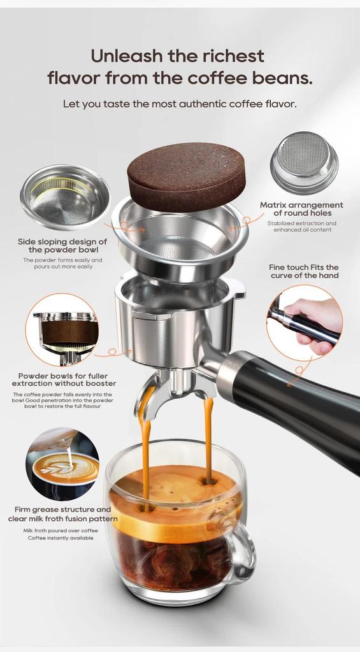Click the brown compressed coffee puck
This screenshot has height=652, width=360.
(186, 176)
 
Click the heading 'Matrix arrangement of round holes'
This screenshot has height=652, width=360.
(301, 209)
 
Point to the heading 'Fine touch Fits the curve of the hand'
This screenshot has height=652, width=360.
(304, 271)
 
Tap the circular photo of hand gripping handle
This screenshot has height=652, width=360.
(304, 322)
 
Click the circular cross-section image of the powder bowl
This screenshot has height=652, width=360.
(62, 329)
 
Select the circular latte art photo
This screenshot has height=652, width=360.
(62, 463)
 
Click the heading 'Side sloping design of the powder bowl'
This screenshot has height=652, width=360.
(62, 246)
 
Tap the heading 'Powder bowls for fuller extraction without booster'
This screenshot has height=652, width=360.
(64, 380)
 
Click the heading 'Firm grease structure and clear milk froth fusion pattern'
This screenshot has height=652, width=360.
(62, 514)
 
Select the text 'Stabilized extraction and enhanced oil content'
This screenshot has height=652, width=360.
(301, 227)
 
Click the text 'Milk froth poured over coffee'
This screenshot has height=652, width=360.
(61, 530)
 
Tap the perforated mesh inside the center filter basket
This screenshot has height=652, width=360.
(178, 246)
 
